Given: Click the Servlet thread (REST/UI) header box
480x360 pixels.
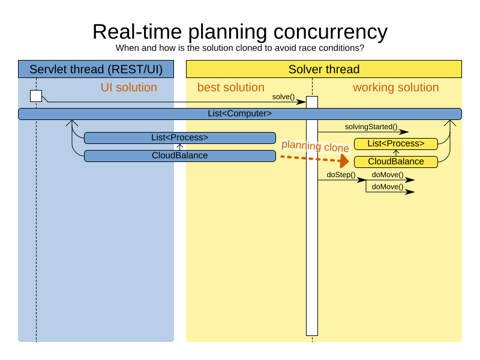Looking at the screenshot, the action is (96, 69).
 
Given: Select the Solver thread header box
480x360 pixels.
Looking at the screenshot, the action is (324, 69).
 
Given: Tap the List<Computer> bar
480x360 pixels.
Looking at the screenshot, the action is (240, 114).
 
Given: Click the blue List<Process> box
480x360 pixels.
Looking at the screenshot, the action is (179, 138).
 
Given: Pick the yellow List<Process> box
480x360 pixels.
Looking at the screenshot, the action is (396, 144).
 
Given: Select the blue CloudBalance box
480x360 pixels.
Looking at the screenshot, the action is (179, 156).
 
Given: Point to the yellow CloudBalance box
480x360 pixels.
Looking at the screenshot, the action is (396, 162).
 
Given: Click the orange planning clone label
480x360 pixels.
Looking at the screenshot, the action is (316, 146).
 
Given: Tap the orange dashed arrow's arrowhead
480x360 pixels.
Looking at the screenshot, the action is (344, 161).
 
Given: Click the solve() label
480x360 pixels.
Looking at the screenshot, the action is (283, 97).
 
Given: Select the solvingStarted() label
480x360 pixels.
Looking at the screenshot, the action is (371, 127).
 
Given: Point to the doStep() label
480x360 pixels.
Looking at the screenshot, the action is (341, 175).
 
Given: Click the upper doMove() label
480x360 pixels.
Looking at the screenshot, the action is (388, 175).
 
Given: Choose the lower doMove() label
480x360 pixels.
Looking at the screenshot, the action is (388, 187).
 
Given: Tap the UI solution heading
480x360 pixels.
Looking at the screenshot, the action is (129, 88).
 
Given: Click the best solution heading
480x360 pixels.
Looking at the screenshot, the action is (231, 88).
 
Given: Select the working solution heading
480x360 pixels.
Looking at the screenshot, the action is (396, 88).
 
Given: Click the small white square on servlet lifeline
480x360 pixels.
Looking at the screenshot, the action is (36, 96).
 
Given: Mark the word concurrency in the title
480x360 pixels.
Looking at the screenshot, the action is (331, 32).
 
